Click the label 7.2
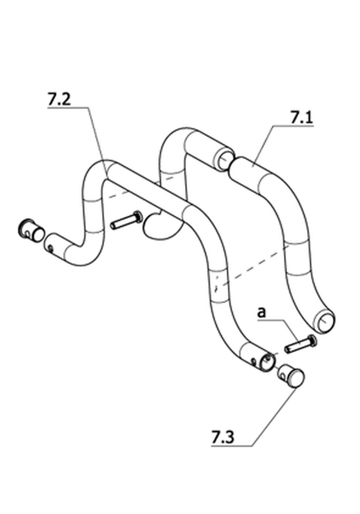tap(59, 100)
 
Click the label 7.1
tap(301, 118)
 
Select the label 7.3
tap(223, 438)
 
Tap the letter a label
tap(261, 313)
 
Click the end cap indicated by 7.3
tap(291, 376)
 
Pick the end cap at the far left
tap(31, 230)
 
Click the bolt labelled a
tap(301, 344)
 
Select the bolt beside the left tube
tap(126, 220)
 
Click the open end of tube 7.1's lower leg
tap(325, 320)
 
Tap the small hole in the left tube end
tap(50, 248)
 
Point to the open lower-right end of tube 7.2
tap(267, 362)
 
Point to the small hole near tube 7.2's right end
tap(254, 361)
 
